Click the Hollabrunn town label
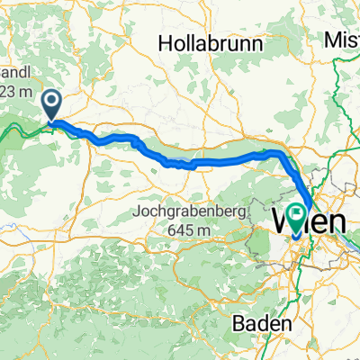[210, 43]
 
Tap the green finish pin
[297, 215]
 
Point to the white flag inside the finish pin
[297, 214]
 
